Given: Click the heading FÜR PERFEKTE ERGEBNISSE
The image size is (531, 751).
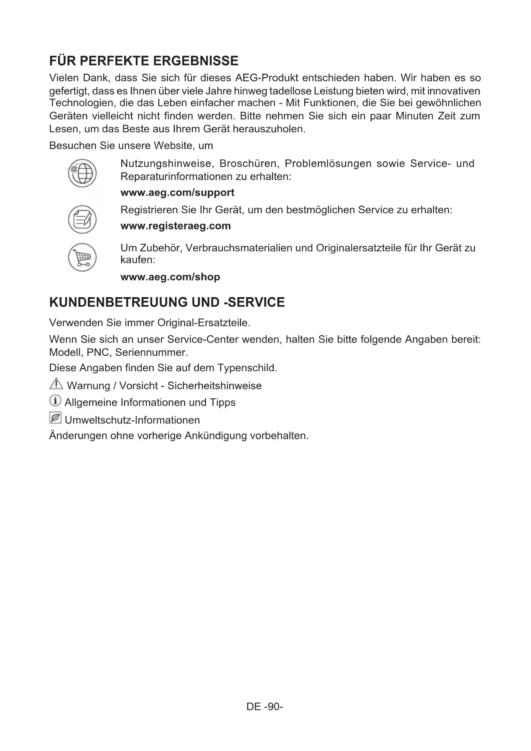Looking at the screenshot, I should point(144,61).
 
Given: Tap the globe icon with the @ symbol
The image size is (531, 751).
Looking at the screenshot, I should point(82,173).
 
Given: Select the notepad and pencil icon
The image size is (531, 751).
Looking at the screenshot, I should point(82,220).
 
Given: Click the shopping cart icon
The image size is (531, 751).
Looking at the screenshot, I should point(82,257).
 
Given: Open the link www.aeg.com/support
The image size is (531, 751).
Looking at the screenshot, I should point(177,193).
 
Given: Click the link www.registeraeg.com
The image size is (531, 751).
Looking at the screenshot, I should point(175,226).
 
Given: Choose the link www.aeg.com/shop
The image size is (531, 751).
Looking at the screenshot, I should point(170,277).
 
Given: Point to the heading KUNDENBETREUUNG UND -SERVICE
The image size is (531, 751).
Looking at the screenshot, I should point(167,302).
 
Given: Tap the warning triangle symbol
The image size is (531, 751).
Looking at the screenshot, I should point(56,384).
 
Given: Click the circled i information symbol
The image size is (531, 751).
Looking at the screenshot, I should point(55,401).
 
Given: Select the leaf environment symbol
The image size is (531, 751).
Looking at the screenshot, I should point(55,418).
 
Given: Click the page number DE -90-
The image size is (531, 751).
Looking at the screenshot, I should point(265,706).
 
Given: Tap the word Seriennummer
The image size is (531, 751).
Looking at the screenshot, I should point(151,353).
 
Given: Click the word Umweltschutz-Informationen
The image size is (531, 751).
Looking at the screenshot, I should point(132,420).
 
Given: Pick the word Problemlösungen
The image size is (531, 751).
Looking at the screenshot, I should point(328,164).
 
